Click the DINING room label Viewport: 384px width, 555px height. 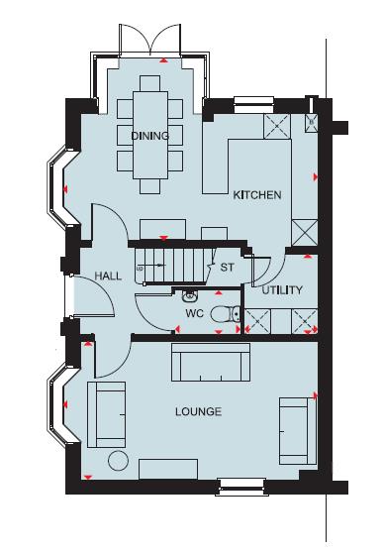tap(149, 136)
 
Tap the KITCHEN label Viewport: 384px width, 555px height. tap(257, 195)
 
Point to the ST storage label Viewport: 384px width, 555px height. tap(227, 268)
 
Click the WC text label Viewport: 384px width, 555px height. tap(195, 314)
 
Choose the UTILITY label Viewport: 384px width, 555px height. tap(282, 290)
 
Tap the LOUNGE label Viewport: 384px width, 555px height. tap(199, 412)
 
